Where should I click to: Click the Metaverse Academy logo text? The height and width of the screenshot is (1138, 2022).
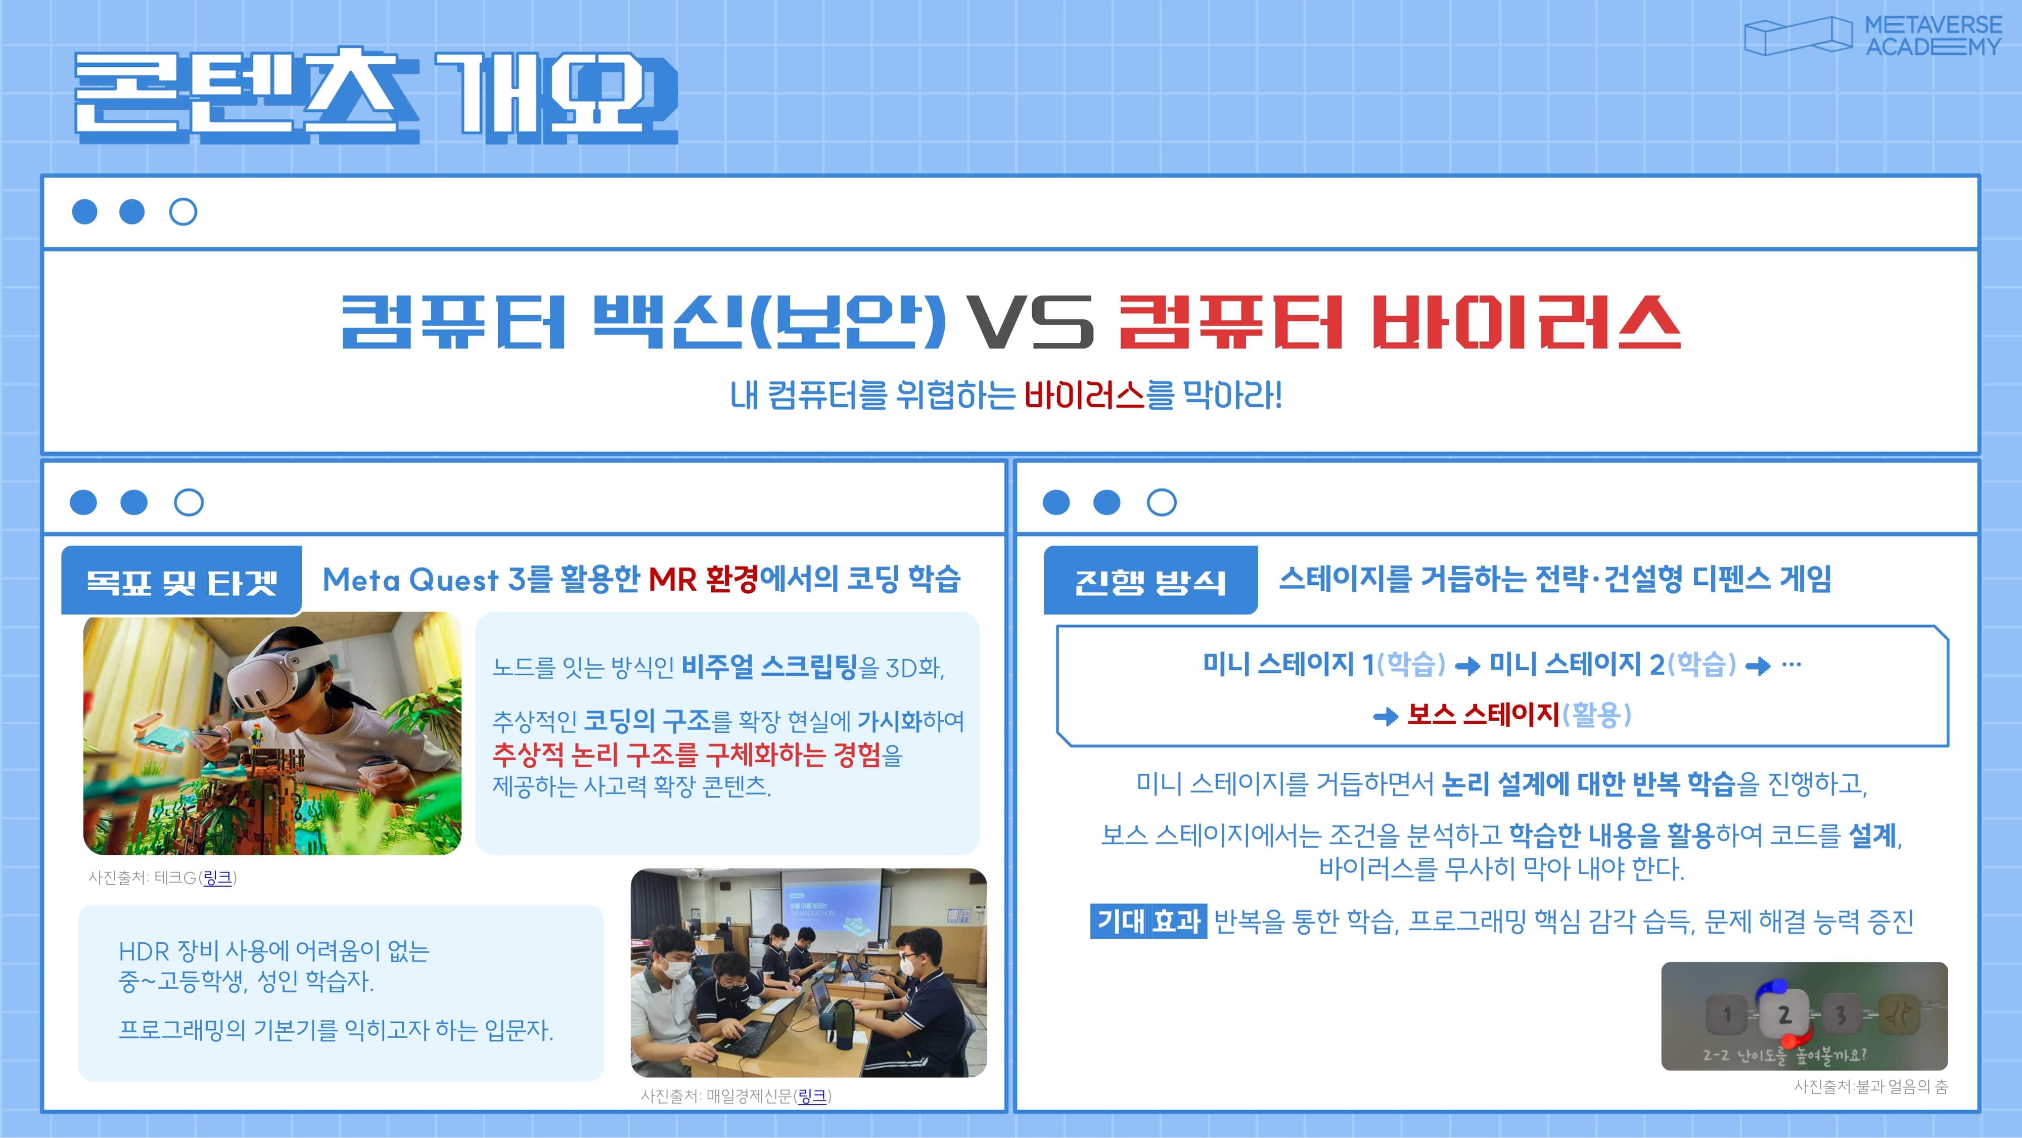pos(1933,36)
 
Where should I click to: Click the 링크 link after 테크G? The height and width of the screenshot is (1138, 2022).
pos(217,877)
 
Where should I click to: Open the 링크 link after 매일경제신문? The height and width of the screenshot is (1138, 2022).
pos(812,1096)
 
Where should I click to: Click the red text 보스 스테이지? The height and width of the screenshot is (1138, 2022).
pos(1483,714)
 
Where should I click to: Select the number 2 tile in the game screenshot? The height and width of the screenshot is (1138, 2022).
pos(1784,1014)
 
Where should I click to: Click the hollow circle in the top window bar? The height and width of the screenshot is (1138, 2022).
pos(183,212)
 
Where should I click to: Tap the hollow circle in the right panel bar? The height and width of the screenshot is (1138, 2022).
pos(1162,503)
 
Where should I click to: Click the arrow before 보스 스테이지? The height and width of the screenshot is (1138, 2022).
pos(1386,716)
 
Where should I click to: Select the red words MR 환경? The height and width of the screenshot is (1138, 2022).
pos(703,580)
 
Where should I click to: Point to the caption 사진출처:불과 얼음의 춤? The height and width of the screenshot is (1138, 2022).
pos(1870,1087)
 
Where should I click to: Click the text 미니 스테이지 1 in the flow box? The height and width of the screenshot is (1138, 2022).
pos(1288,665)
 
